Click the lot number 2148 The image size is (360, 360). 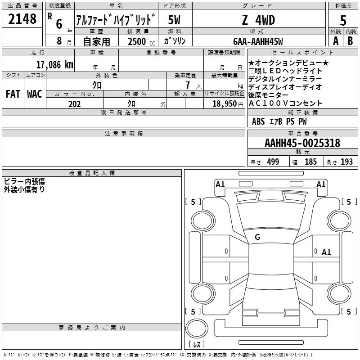tap(22, 19)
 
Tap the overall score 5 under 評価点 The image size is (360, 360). tap(343, 21)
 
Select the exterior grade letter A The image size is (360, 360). tap(336, 41)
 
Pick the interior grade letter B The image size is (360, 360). tap(350, 41)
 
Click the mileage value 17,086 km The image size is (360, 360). tap(54, 64)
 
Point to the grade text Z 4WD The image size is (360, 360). tap(258, 20)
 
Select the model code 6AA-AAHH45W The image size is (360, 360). tap(258, 41)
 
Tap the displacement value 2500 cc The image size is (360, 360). tap(141, 41)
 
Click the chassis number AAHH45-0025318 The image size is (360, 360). tap(302, 143)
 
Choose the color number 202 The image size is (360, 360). tap(74, 104)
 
